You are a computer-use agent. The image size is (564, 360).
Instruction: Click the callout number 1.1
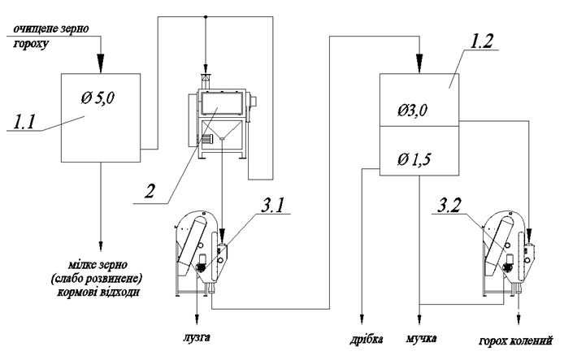(24, 122)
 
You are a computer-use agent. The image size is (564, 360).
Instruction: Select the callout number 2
(150, 191)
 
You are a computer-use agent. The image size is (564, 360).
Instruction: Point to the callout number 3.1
(272, 206)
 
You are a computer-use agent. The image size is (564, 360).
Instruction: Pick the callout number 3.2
(449, 206)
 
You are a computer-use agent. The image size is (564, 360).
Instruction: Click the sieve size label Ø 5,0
(98, 98)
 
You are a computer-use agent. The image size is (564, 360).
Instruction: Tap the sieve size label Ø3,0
(412, 110)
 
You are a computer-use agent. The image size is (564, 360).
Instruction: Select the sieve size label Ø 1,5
(414, 159)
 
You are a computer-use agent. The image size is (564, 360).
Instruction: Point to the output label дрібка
(367, 339)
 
